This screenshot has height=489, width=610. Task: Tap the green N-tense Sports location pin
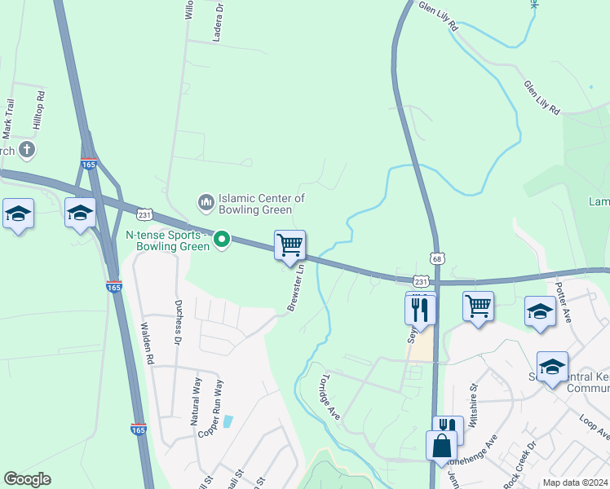(x=221, y=240)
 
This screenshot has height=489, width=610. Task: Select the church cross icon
(x=27, y=150)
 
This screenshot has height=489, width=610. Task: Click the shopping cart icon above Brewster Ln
(x=290, y=244)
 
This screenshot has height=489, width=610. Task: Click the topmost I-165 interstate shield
(x=89, y=165)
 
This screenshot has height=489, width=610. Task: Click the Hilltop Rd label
(x=38, y=108)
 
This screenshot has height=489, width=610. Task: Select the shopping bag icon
(x=441, y=446)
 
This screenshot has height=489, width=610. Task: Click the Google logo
(x=27, y=479)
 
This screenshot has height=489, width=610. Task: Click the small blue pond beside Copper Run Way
(x=228, y=421)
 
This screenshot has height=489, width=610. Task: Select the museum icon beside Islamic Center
(x=205, y=200)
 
